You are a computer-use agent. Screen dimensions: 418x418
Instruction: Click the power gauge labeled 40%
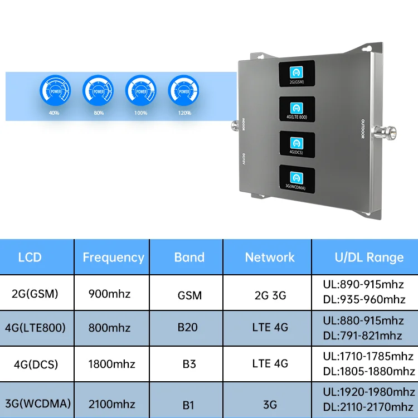coord(55,90)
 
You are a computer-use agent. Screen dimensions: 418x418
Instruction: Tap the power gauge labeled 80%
coord(98,90)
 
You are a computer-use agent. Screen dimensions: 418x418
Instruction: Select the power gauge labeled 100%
coord(141,90)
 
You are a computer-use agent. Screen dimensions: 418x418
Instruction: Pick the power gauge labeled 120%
coord(184,90)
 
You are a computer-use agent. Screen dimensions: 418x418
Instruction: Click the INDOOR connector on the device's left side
coord(233,127)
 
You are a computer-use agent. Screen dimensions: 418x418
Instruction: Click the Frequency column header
coord(113,257)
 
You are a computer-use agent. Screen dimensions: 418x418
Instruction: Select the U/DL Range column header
coord(368,257)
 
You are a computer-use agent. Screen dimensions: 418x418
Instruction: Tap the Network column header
coord(270,257)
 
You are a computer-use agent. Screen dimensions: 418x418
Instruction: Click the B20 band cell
coord(188,327)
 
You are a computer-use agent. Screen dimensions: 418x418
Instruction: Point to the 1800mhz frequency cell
coord(112,364)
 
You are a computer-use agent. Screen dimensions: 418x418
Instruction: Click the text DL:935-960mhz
coord(364,300)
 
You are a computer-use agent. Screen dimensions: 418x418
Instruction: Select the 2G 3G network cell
coord(270,293)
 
